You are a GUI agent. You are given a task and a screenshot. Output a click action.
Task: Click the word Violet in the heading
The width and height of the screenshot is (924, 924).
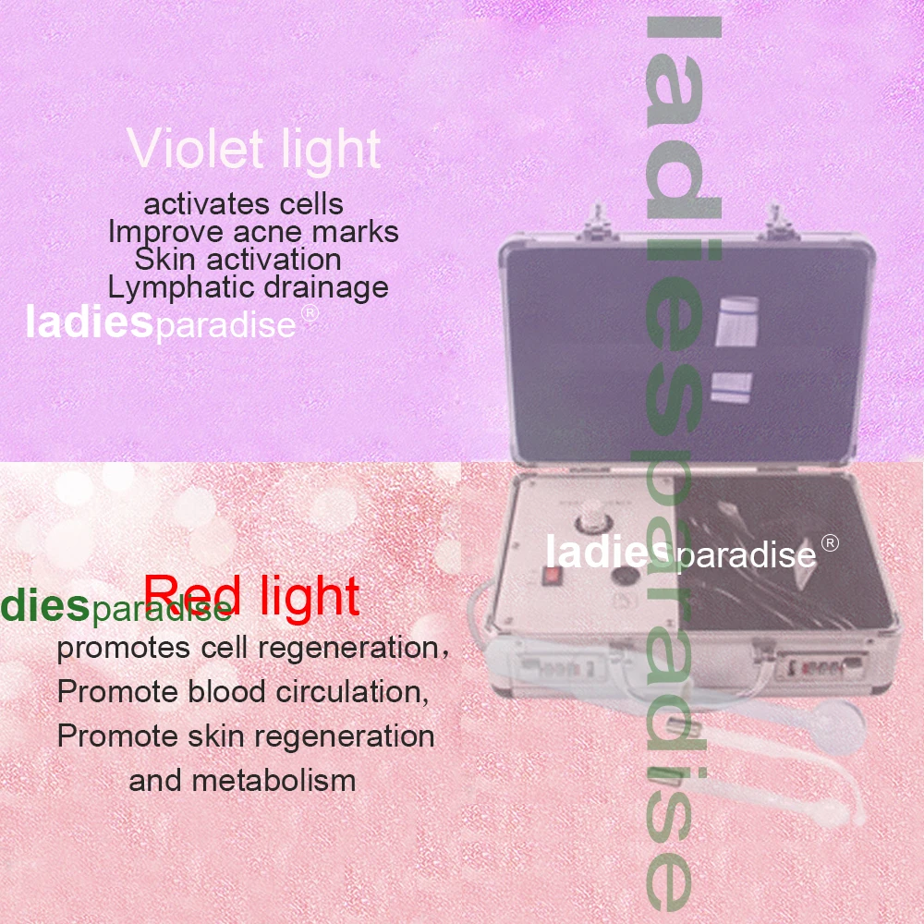194,149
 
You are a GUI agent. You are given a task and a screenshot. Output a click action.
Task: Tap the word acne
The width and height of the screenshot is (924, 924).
269,232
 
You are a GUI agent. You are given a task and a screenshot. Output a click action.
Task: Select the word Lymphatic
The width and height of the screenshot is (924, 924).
181,288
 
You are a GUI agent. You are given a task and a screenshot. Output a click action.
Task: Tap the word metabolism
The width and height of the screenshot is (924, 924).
274,781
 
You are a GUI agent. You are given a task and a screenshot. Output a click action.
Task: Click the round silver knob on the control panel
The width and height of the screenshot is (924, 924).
590,521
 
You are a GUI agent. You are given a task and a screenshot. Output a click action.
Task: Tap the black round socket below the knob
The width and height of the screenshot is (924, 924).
624,575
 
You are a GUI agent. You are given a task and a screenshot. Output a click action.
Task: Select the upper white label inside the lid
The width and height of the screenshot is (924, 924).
736,321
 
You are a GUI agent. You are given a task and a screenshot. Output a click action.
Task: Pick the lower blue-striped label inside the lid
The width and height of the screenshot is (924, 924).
732,388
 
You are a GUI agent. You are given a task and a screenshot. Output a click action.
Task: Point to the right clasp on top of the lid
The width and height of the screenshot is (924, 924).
777,222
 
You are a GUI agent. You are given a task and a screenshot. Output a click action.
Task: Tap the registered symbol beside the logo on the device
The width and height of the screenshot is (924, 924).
830,543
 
